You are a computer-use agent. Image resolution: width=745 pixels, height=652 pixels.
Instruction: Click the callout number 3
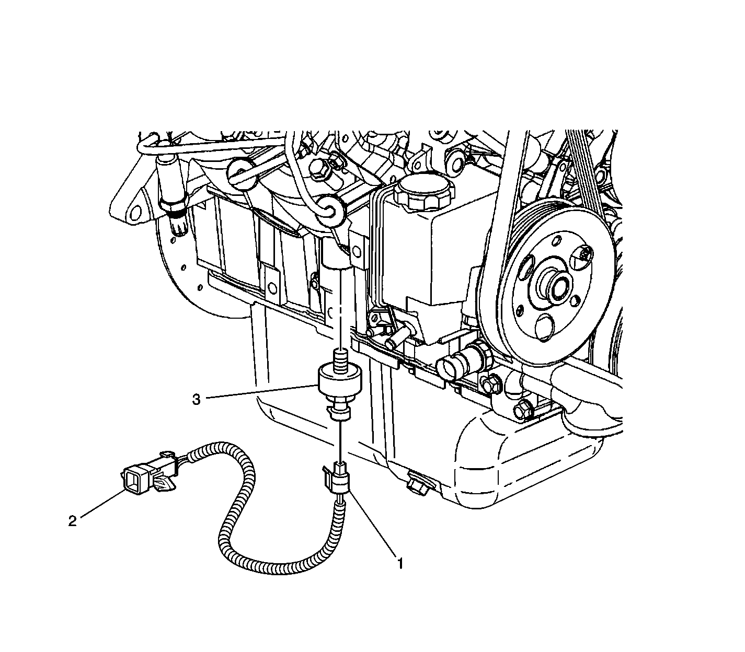(196, 400)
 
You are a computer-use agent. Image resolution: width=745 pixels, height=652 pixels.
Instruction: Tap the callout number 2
(73, 521)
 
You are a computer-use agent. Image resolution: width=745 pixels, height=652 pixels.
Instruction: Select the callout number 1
(400, 564)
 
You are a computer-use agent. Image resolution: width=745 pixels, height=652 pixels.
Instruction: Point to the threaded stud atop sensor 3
(340, 360)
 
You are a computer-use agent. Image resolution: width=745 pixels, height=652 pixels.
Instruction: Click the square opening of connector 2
(132, 484)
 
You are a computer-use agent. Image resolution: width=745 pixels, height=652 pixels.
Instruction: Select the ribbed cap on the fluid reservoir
(425, 192)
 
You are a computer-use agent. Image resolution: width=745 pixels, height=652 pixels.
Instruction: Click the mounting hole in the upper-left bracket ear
(135, 213)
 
